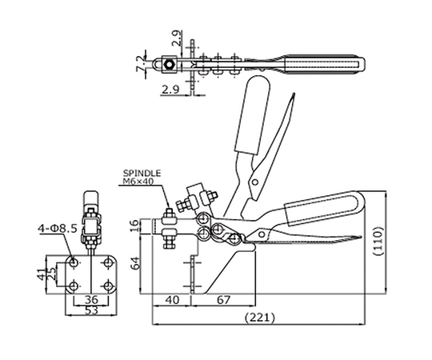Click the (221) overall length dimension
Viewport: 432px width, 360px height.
[x=260, y=318]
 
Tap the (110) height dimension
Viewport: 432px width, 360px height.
[x=379, y=242]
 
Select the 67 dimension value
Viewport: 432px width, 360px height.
[x=223, y=300]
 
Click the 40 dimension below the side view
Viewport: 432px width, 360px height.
[x=172, y=300]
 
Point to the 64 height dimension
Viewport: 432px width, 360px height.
[x=136, y=263]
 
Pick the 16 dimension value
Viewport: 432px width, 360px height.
[x=136, y=226]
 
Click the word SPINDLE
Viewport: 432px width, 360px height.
[x=142, y=174]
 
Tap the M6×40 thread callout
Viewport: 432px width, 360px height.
[x=138, y=182]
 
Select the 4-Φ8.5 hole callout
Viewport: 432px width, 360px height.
[x=58, y=228]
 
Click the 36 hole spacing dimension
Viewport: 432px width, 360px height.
[x=91, y=299]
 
